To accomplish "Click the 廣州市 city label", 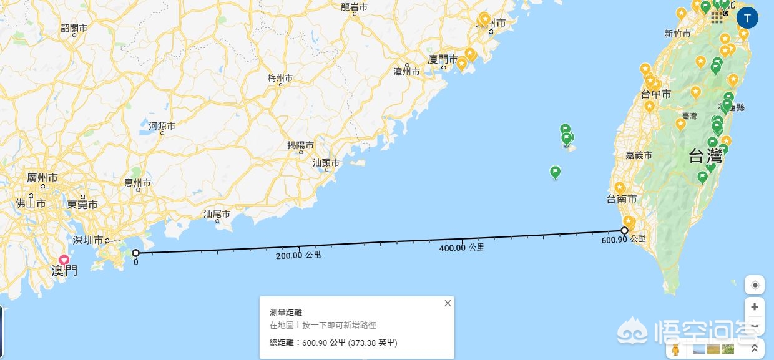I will click(x=42, y=178).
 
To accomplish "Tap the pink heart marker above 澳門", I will click(x=64, y=260).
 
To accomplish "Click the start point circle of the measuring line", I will click(x=136, y=253).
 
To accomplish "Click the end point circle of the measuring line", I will click(x=624, y=230).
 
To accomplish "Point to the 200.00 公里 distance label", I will click(x=298, y=255).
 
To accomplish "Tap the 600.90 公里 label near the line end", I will click(x=623, y=240).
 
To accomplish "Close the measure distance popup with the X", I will click(x=448, y=303).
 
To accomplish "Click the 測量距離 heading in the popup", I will click(x=285, y=312).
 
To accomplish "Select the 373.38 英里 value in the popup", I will click(x=372, y=343).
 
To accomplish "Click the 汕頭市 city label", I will click(x=326, y=163).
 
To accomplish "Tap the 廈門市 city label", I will click(x=443, y=59).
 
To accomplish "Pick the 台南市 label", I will click(x=622, y=199).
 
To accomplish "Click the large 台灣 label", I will click(x=706, y=157).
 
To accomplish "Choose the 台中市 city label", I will click(x=656, y=94).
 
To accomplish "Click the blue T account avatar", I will click(x=747, y=17).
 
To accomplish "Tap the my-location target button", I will click(x=755, y=285).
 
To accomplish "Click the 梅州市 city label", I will click(x=280, y=78).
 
